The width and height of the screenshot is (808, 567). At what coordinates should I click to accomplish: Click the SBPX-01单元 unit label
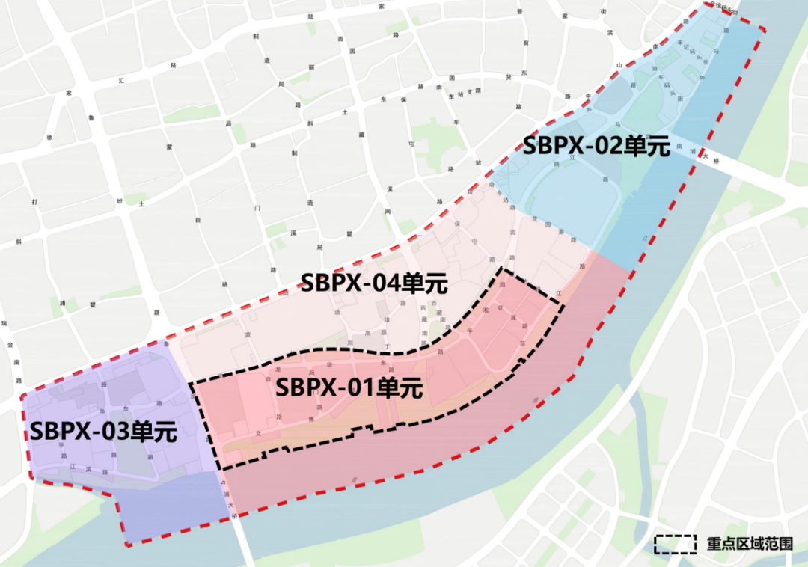[349, 388]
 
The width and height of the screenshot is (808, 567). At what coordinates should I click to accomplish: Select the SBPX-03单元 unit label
[103, 432]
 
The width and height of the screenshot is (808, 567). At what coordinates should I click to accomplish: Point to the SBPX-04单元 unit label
[373, 283]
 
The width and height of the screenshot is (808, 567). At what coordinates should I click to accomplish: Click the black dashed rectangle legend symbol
[676, 544]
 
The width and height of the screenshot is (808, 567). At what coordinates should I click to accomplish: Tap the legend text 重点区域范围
[749, 544]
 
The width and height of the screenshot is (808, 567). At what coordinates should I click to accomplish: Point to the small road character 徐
[50, 138]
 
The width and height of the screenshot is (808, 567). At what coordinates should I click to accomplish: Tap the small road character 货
[508, 76]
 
